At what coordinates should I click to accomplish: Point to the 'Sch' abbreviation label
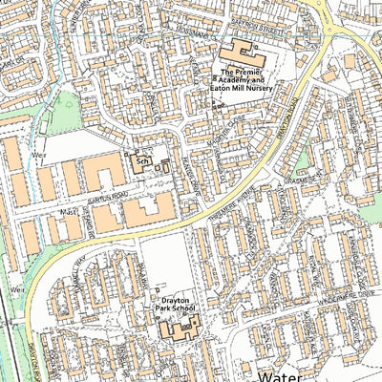[140, 163]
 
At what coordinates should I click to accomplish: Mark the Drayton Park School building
[179, 328]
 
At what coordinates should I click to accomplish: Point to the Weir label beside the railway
[15, 286]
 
